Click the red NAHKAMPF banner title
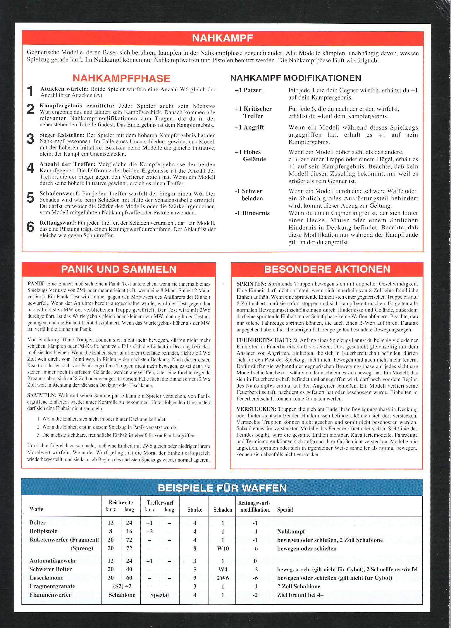coord(222,38)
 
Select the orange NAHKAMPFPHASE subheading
coord(121,78)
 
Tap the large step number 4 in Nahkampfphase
coord(30,168)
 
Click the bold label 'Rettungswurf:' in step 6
coord(58,223)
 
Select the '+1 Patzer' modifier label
coord(248,90)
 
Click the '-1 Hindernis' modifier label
coord(252,213)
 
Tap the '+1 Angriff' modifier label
coord(249,128)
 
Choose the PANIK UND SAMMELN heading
coord(118,269)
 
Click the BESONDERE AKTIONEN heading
coord(327,269)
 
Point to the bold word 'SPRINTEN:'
coord(251,284)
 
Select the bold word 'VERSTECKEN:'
coord(256,409)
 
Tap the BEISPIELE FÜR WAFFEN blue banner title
coord(222,488)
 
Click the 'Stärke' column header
coord(195,510)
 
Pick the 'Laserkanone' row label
coord(46,578)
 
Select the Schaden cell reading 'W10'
coord(223,548)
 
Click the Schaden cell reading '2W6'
coord(223,578)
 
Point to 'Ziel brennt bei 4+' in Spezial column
coord(300,595)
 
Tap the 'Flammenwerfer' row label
coord(50,595)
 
